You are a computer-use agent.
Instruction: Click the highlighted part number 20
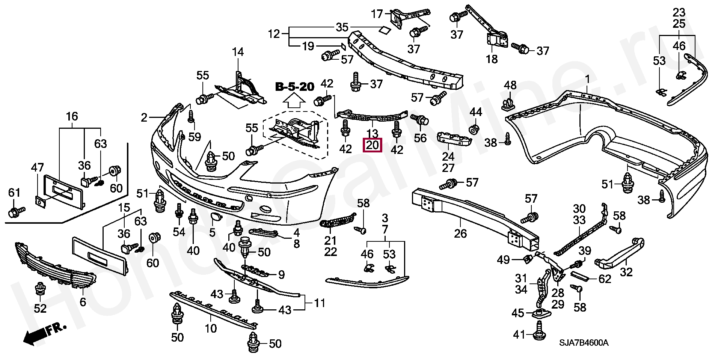[372, 145]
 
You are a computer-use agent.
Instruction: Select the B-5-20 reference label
[295, 87]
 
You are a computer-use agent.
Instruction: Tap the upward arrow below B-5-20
[294, 101]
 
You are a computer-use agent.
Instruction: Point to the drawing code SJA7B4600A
[584, 343]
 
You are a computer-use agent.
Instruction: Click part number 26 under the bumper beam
[460, 233]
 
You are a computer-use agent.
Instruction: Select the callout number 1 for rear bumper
[587, 79]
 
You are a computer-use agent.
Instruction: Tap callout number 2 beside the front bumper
[145, 118]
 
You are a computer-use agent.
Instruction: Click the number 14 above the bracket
[238, 52]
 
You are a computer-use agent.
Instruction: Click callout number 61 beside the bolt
[14, 193]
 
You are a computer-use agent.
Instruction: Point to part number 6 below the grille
[83, 302]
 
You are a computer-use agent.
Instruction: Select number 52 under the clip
[40, 309]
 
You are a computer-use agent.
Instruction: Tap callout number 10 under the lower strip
[211, 328]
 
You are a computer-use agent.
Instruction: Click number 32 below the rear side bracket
[626, 272]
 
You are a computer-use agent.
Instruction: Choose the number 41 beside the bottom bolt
[519, 334]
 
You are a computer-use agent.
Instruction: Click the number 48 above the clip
[510, 86]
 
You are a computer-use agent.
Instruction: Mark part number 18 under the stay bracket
[492, 59]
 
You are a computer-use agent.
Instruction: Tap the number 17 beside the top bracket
[377, 14]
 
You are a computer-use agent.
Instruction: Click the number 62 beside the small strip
[605, 279]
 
